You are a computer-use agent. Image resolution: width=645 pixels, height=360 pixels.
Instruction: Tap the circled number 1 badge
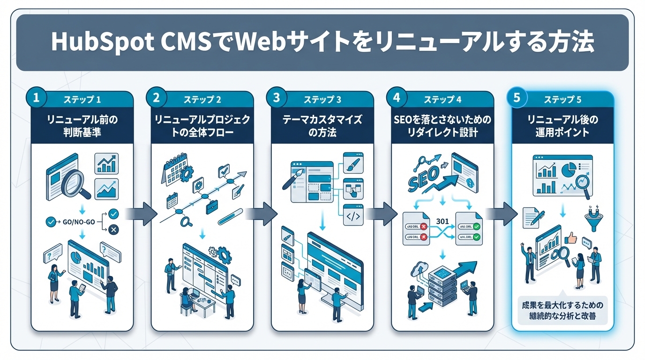[x=36, y=98]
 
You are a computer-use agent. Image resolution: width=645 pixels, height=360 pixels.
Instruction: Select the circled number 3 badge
[x=276, y=98]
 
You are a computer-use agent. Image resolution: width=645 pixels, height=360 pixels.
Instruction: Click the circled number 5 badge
[x=517, y=98]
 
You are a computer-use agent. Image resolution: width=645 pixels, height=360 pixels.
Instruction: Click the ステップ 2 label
[x=202, y=100]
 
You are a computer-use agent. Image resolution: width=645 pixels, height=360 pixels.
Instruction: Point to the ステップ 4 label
[x=442, y=100]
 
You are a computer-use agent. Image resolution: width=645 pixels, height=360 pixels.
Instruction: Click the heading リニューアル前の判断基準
[x=82, y=126]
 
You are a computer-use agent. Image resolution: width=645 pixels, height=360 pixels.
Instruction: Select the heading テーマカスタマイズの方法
[x=322, y=126]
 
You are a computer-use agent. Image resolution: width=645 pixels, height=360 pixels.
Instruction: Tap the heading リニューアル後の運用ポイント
[x=562, y=126]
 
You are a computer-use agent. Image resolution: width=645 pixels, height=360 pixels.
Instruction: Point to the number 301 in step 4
[x=442, y=220]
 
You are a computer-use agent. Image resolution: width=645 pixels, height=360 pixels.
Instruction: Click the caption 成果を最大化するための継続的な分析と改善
[x=562, y=311]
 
